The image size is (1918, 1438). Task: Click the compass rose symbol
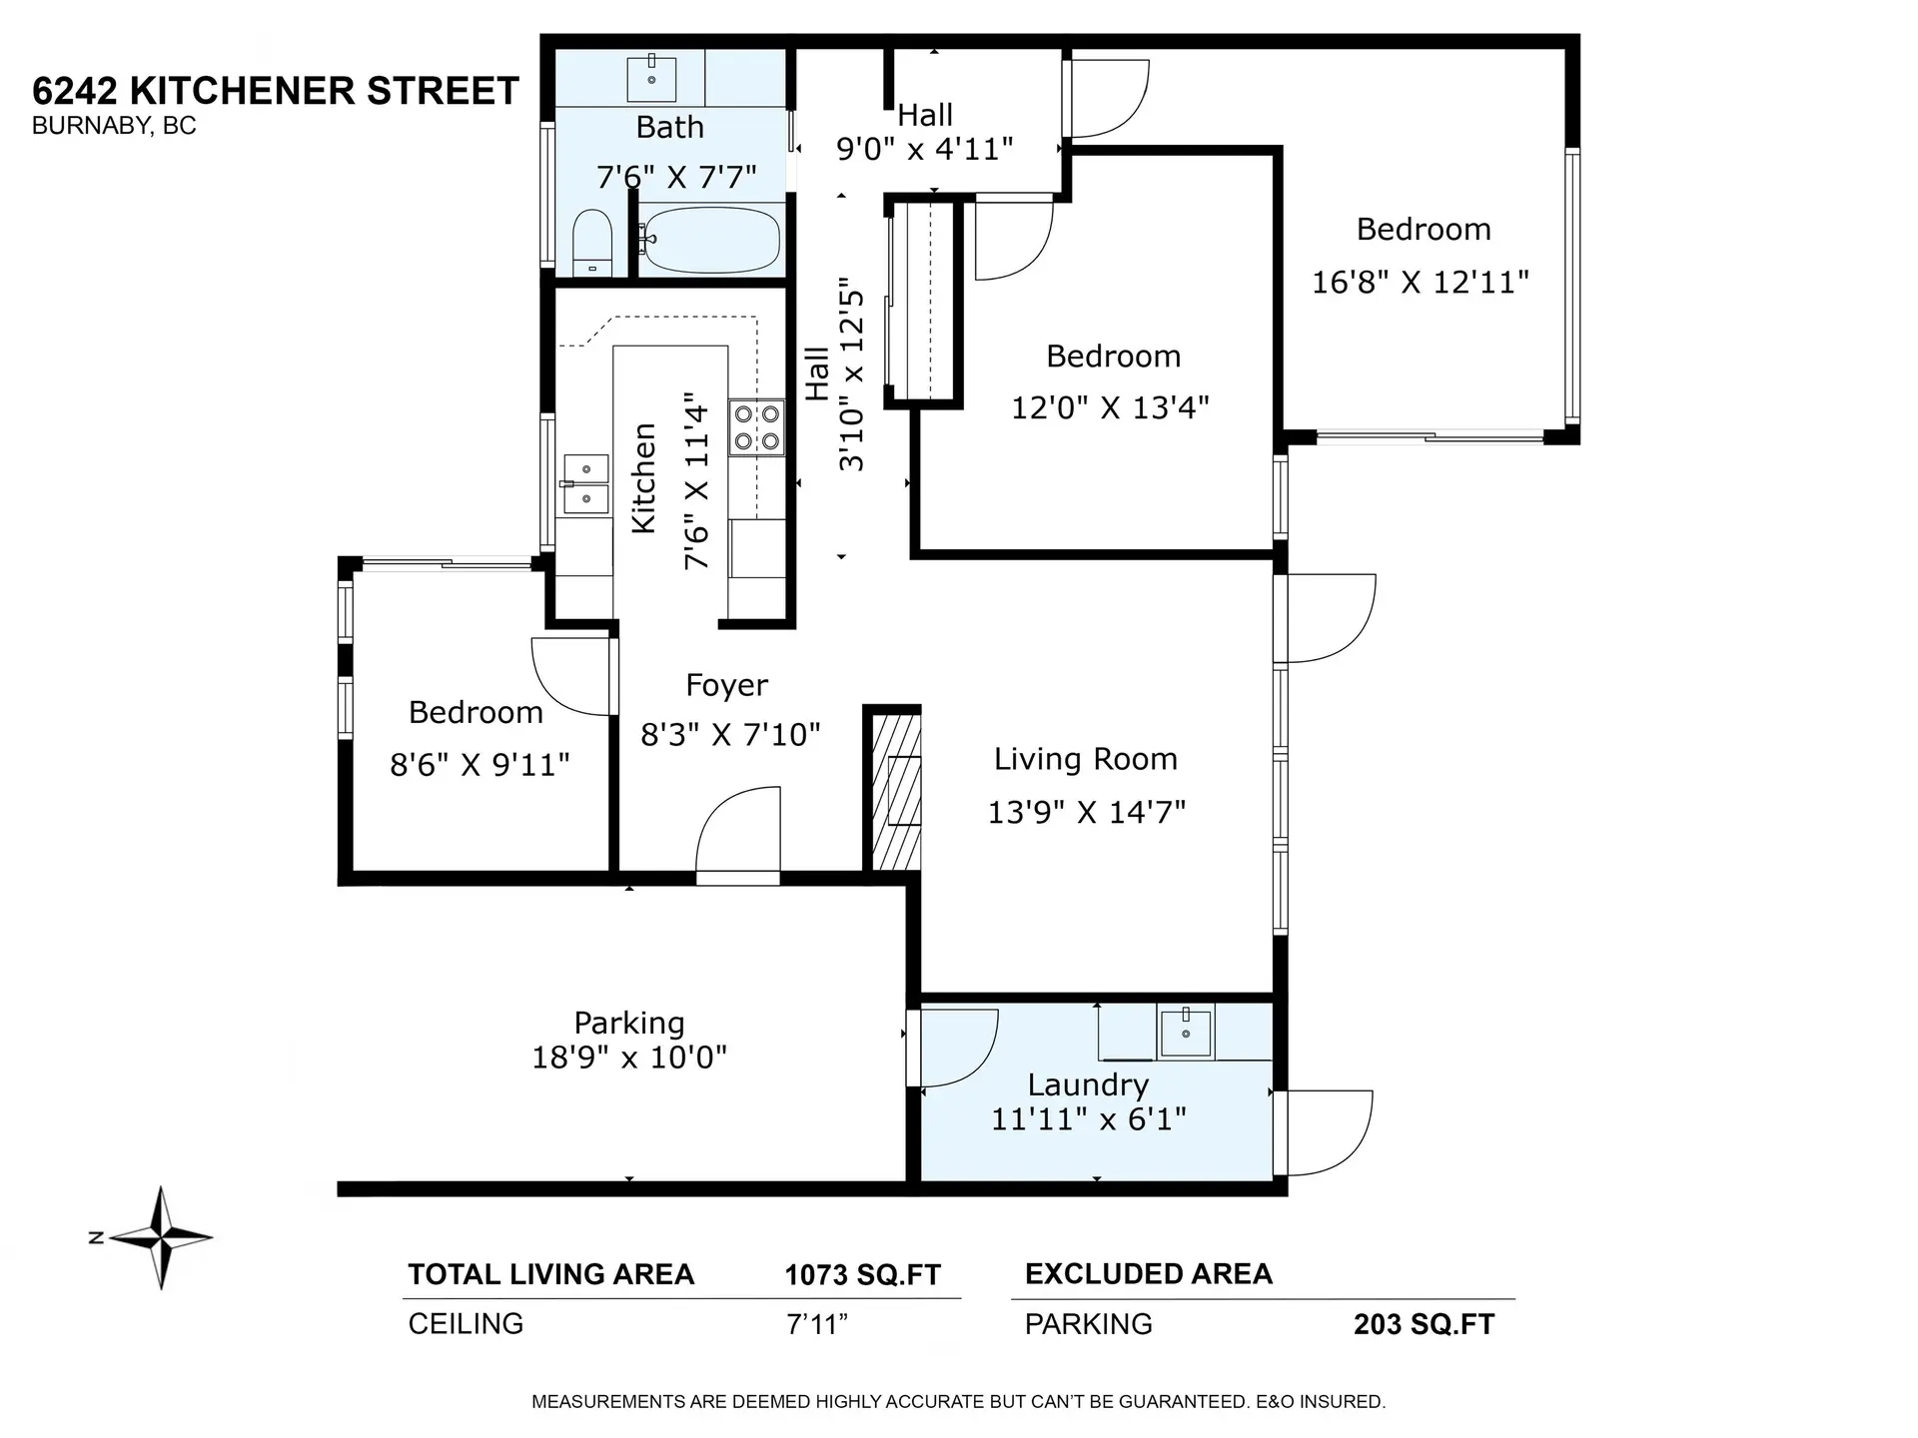click(x=161, y=1238)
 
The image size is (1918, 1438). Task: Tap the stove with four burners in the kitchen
click(x=756, y=427)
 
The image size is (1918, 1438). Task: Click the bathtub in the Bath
click(x=709, y=240)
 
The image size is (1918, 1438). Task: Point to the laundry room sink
click(x=1185, y=1033)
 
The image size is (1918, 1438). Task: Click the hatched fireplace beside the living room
click(x=895, y=789)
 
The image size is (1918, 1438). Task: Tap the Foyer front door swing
click(x=737, y=835)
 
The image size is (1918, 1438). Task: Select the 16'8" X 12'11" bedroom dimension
click(x=1420, y=282)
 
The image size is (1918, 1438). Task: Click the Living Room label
click(x=1085, y=759)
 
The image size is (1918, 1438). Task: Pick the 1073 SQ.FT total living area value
click(x=862, y=1275)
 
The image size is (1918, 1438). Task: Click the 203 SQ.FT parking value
click(x=1424, y=1324)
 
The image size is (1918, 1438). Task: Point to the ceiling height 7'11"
click(x=816, y=1324)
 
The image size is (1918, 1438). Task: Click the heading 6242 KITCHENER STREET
click(x=276, y=91)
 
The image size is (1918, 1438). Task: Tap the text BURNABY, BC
click(x=114, y=126)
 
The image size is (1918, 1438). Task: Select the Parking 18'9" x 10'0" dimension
click(x=629, y=1057)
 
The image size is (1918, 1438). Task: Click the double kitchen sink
click(x=586, y=483)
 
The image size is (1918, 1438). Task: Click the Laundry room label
click(x=1088, y=1084)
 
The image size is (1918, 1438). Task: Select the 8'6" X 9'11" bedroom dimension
click(x=479, y=765)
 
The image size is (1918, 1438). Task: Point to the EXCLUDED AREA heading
click(x=1149, y=1274)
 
